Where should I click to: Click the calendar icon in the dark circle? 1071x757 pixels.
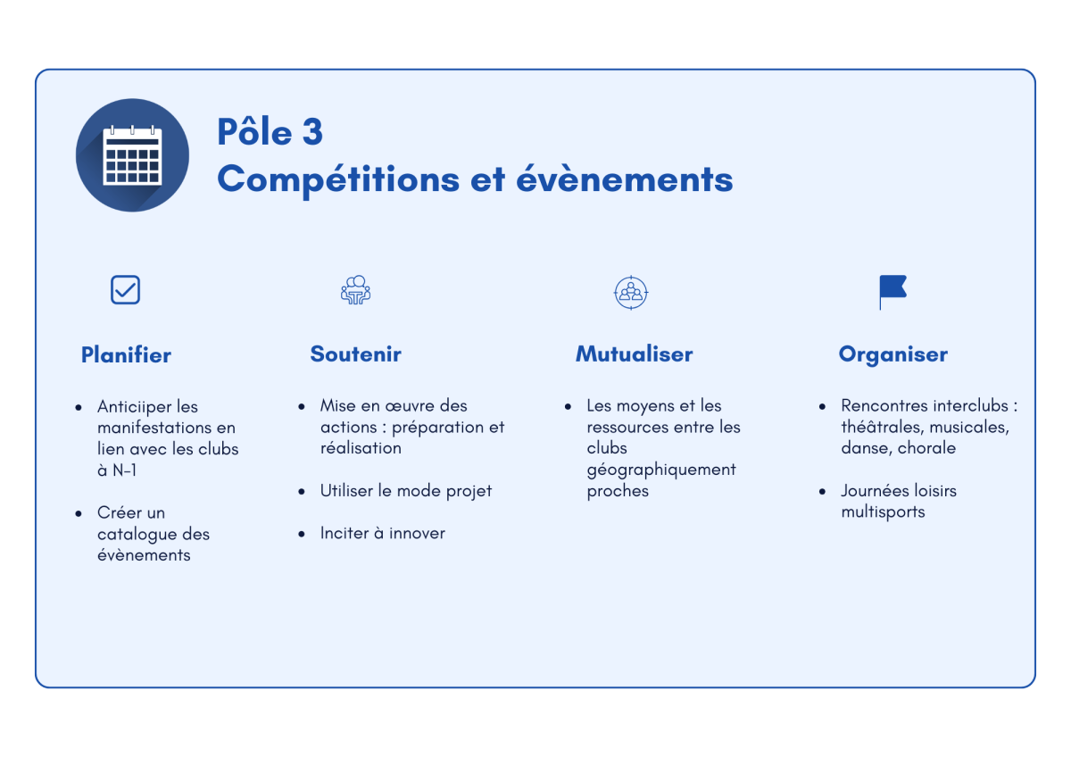point(132,155)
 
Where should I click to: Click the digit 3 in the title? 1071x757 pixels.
point(312,131)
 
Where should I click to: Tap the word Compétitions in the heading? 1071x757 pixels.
point(338,180)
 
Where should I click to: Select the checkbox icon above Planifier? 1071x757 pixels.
point(125,290)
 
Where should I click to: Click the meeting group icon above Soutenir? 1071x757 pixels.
point(355,290)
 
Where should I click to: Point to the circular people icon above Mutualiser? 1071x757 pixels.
point(631,292)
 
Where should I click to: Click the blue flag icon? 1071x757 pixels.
point(892,292)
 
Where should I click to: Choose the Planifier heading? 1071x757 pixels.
point(126,354)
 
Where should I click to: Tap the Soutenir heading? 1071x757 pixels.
point(356,354)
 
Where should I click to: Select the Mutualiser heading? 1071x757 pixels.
point(634,354)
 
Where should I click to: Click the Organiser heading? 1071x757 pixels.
point(893,354)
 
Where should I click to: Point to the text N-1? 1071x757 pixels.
point(124,470)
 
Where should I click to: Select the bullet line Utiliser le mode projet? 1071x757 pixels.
point(406,491)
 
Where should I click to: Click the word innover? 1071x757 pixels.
point(417,533)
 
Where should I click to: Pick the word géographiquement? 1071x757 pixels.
point(661,470)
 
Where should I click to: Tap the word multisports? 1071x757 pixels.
point(883,512)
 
